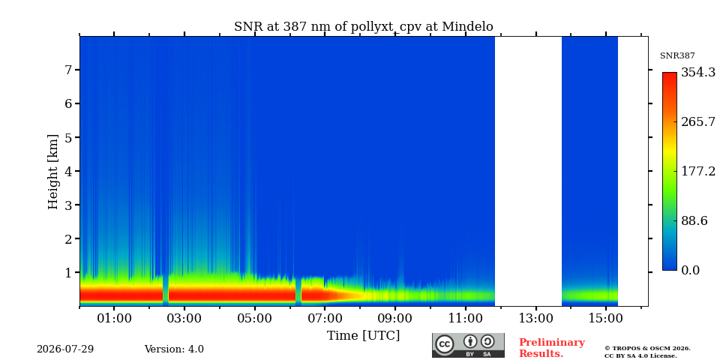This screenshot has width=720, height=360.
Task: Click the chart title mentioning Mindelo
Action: tap(363, 27)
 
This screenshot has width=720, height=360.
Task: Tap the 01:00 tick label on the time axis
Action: tap(114, 318)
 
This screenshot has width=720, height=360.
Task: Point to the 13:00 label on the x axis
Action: tap(535, 318)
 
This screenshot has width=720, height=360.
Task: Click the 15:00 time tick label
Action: tap(606, 318)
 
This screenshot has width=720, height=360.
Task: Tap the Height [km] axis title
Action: tap(53, 172)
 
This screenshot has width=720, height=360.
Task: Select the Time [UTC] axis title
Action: tap(363, 336)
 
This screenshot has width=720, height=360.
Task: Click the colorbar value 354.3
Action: tap(698, 73)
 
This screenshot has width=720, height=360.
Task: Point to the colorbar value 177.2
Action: tap(698, 171)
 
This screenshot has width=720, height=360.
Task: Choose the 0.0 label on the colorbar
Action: tap(690, 271)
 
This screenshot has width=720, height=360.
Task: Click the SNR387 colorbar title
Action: tap(677, 56)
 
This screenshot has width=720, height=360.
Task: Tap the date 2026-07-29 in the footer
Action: tap(65, 349)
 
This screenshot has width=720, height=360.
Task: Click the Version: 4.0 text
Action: tap(174, 349)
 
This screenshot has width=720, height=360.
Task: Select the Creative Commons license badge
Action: tap(468, 345)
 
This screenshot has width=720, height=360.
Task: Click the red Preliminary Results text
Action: tap(552, 348)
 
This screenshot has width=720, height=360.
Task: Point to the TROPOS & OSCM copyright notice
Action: tap(647, 352)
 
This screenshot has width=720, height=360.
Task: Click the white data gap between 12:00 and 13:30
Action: tap(528, 171)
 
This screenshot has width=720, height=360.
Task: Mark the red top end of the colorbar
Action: tap(670, 73)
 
